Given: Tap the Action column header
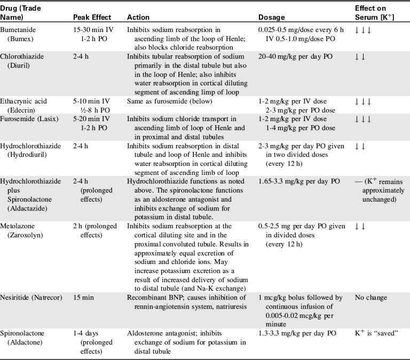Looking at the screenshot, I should click(138, 17).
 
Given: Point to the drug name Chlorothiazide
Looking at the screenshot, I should click(22, 56).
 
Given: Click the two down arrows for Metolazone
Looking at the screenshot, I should click(360, 226).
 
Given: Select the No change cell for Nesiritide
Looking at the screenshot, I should click(371, 297).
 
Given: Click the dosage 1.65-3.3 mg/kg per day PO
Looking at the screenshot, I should click(298, 181).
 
